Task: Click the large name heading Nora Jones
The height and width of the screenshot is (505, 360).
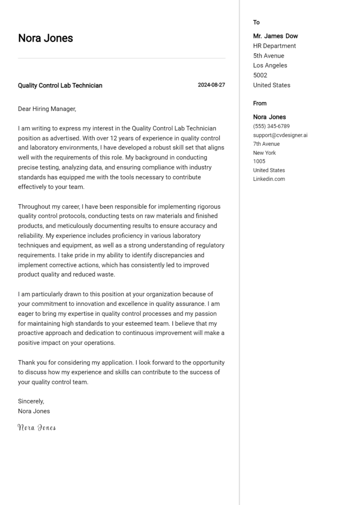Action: coord(45,38)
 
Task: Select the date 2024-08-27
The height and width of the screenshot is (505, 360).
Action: coord(211,85)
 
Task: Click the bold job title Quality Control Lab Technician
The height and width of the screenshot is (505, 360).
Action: coord(60,86)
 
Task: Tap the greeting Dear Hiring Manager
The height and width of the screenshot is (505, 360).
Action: coord(46,109)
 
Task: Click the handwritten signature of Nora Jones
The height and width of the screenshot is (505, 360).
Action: coord(37,427)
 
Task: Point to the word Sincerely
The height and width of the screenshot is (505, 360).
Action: coord(30,401)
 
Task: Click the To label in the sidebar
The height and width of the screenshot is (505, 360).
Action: coord(256,22)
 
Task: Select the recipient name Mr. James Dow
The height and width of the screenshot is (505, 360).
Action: coord(275,36)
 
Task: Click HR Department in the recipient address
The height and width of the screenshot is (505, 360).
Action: coord(274,46)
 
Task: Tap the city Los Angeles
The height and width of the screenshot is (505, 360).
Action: coord(270,66)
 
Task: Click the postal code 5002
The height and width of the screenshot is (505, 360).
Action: coord(260,75)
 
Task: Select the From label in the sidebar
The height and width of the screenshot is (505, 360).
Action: coord(260,104)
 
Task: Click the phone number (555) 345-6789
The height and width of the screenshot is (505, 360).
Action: coord(271,126)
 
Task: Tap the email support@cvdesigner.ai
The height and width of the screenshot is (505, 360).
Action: coord(280,135)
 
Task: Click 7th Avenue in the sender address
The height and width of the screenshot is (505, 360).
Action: coord(266,144)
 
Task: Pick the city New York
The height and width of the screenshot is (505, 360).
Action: coord(264,153)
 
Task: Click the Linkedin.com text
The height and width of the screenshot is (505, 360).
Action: coord(269,179)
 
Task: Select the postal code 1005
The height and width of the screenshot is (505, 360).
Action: coord(259,162)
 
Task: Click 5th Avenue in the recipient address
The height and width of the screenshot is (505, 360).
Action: coord(269,56)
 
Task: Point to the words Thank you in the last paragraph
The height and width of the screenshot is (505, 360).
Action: coord(31,363)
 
